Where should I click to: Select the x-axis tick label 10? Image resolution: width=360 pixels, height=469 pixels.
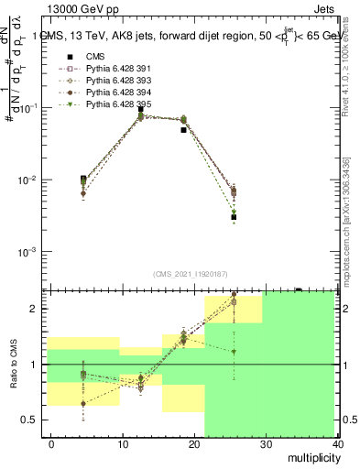click(123, 443)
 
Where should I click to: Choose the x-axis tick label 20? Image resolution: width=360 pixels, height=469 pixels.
click(194, 443)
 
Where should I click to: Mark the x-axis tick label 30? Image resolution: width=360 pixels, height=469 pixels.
click(266, 443)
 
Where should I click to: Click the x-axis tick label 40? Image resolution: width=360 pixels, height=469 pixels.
click(335, 443)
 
